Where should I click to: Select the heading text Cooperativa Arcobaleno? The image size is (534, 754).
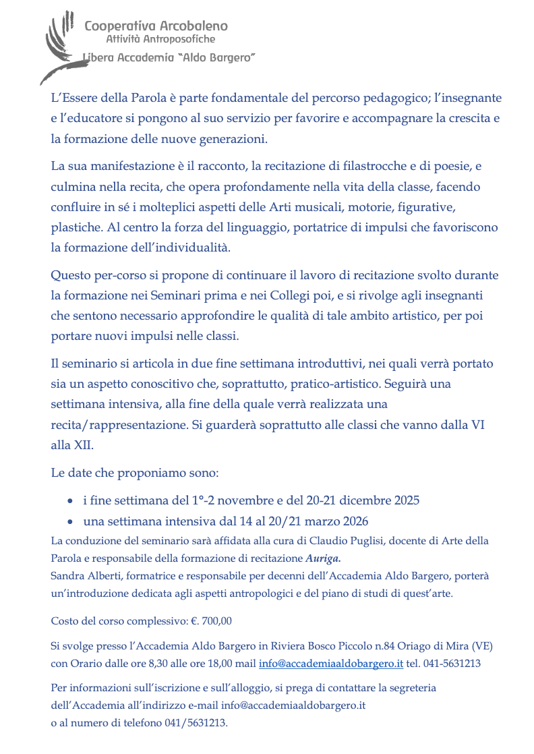click(x=156, y=26)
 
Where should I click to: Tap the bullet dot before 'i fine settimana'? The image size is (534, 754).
click(x=71, y=501)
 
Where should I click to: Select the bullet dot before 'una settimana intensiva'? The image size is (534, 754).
click(x=71, y=522)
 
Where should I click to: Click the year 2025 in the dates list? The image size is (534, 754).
click(x=405, y=500)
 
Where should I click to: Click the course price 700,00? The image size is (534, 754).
click(x=216, y=620)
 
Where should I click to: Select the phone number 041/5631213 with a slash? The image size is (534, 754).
click(x=196, y=723)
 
